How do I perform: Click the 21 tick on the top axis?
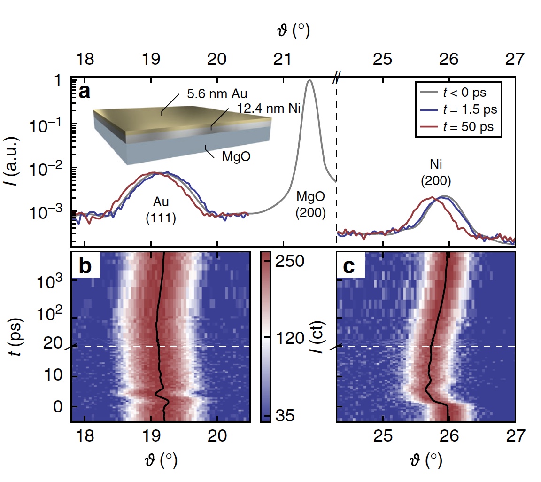point(283,60)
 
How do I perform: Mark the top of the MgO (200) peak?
point(309,81)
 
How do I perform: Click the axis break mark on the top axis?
point(336,77)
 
